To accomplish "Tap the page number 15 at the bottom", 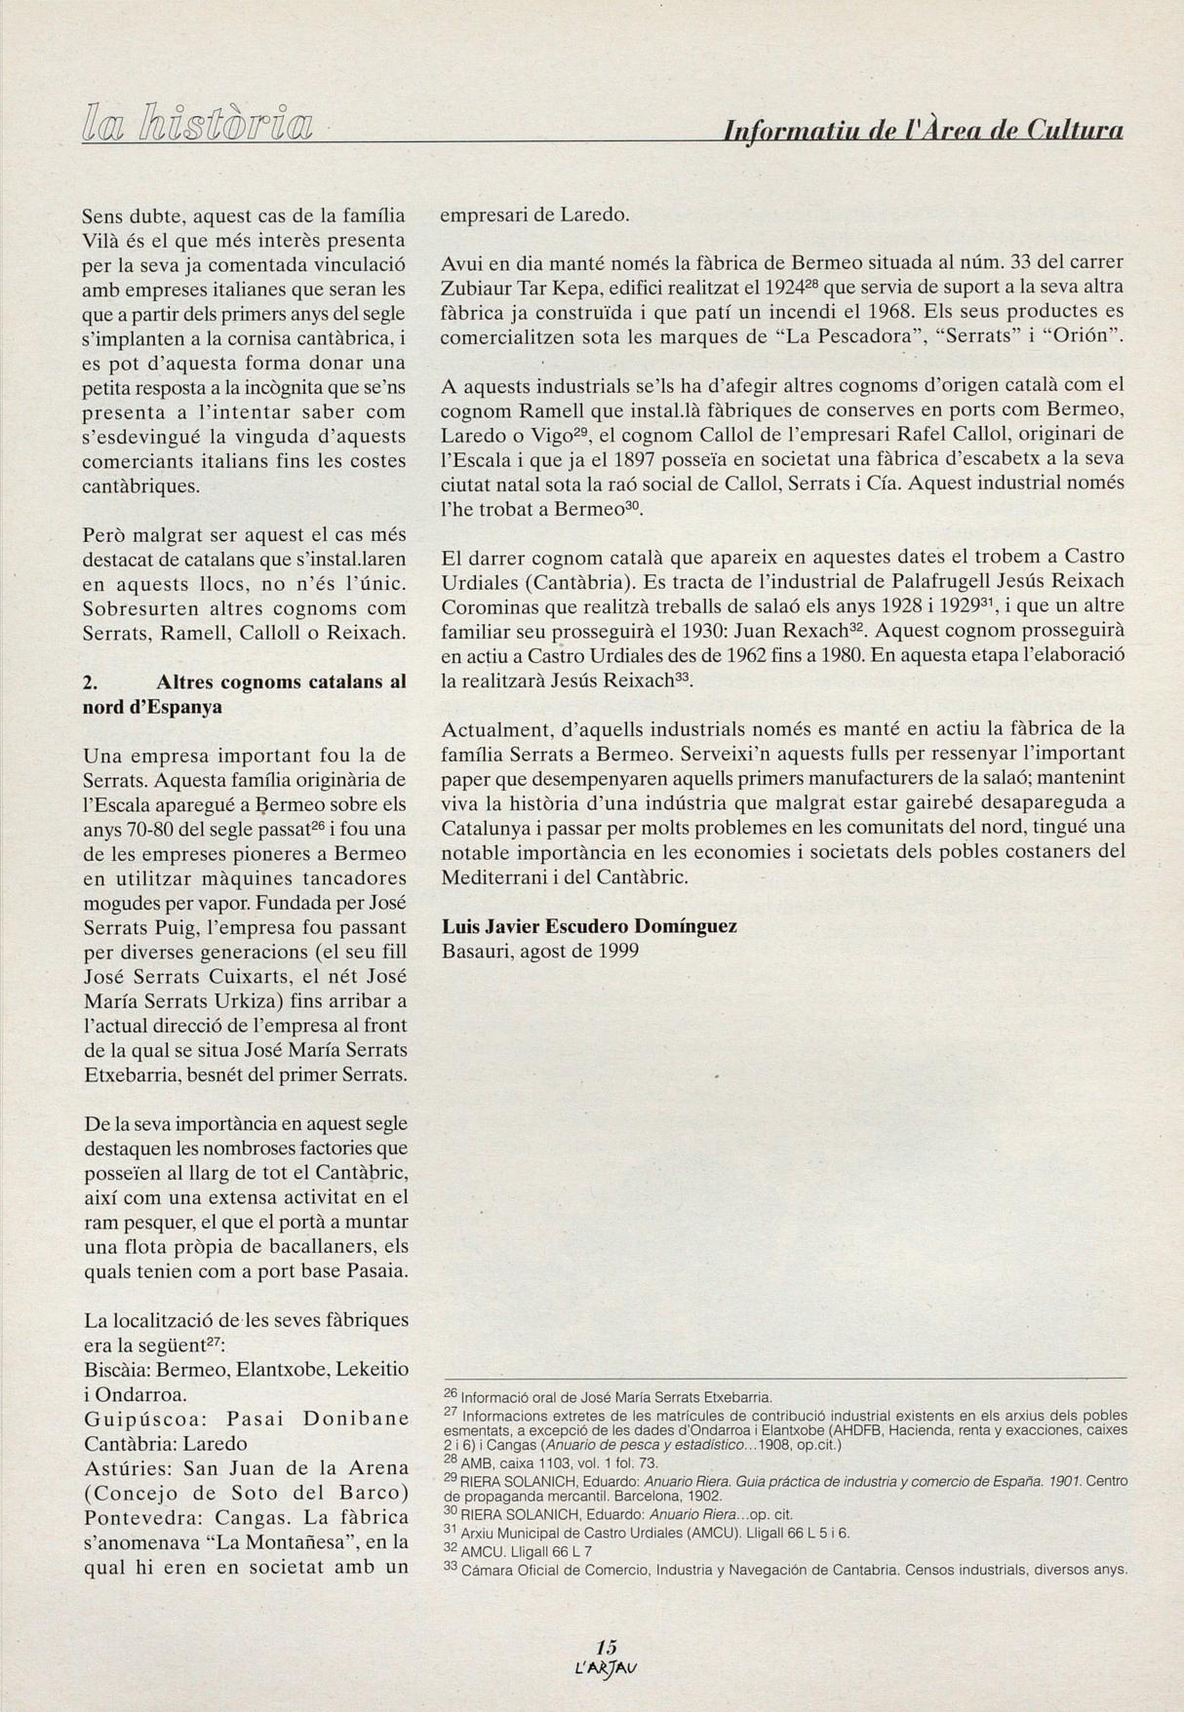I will (607, 1647).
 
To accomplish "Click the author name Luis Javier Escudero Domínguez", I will (589, 926).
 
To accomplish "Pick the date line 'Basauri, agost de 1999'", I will (539, 951).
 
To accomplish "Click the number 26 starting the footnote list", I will (451, 1394).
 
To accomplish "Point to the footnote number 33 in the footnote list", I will (451, 1569).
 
